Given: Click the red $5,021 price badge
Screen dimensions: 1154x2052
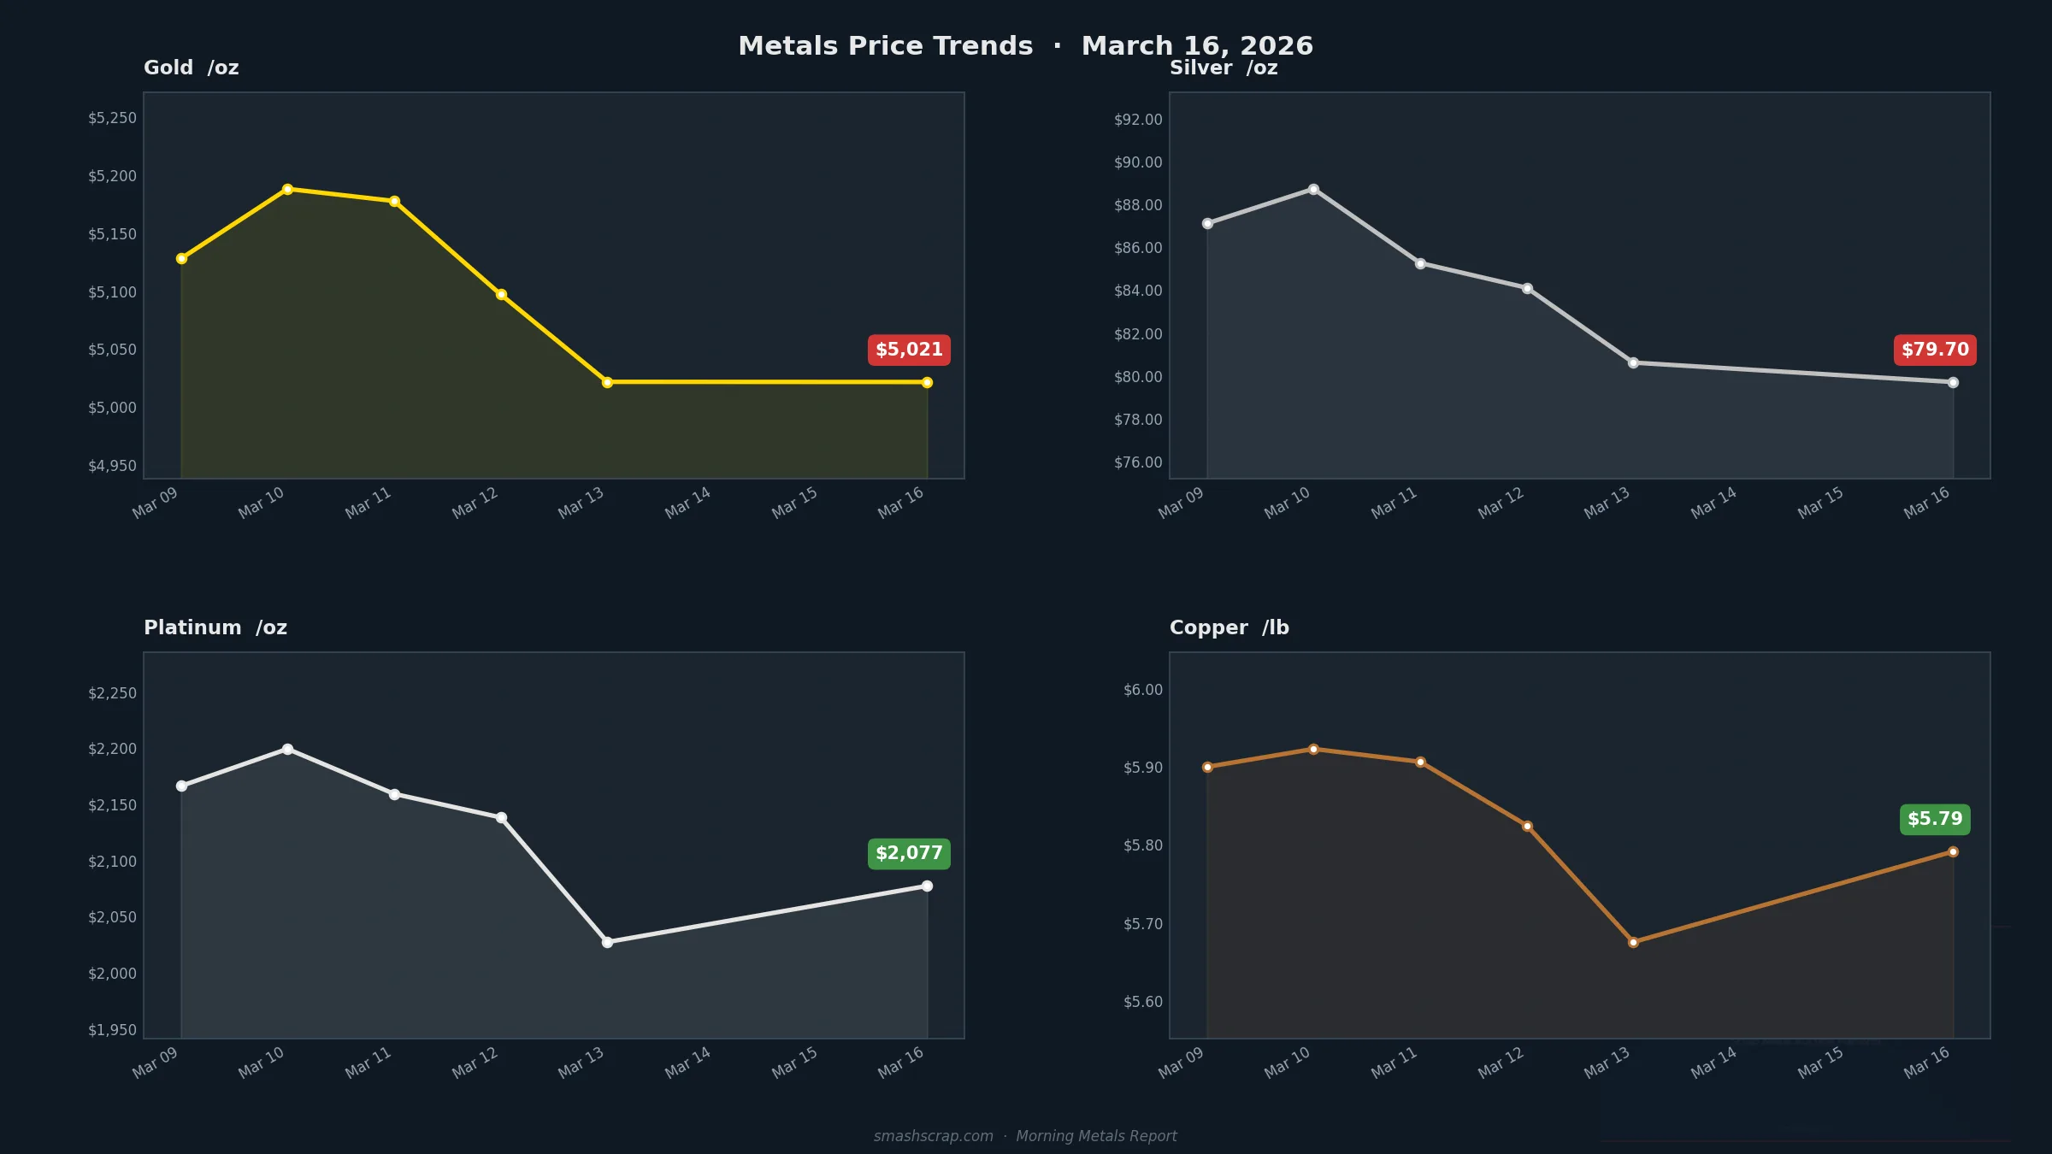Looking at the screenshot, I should (x=909, y=350).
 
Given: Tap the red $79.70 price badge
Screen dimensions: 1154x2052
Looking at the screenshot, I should (x=1935, y=350).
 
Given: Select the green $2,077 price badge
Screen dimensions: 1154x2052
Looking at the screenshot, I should (x=909, y=853).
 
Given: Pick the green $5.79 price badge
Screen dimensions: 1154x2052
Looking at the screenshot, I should (x=1935, y=819).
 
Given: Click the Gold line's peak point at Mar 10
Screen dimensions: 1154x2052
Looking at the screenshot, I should (x=287, y=189).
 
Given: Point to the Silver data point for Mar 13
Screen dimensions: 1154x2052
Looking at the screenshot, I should (x=1633, y=362).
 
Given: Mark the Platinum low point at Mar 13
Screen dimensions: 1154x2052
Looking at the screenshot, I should (x=607, y=942).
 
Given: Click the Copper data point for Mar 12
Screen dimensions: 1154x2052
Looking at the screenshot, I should (x=1527, y=826).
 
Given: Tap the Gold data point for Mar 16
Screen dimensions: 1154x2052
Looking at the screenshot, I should (x=927, y=382).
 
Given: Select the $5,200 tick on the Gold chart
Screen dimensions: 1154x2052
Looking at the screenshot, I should (x=112, y=176).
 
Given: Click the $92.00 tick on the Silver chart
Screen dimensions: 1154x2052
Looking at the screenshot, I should (x=1138, y=120).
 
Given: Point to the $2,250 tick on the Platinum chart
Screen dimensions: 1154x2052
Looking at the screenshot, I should (x=112, y=693).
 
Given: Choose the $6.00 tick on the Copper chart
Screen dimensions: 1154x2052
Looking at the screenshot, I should (x=1143, y=690).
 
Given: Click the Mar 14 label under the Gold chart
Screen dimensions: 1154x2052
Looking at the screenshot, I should (x=688, y=503).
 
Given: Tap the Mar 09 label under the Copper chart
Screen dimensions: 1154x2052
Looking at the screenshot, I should (x=1181, y=1063).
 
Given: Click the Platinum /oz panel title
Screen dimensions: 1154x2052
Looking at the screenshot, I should (x=215, y=627).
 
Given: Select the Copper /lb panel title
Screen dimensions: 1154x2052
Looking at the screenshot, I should (x=1229, y=627).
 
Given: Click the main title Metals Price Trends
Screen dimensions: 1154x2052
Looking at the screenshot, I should (x=885, y=46).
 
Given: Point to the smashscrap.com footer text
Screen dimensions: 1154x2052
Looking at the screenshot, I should (x=933, y=1136).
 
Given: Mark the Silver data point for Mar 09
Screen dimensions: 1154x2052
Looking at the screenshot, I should (x=1207, y=223).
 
